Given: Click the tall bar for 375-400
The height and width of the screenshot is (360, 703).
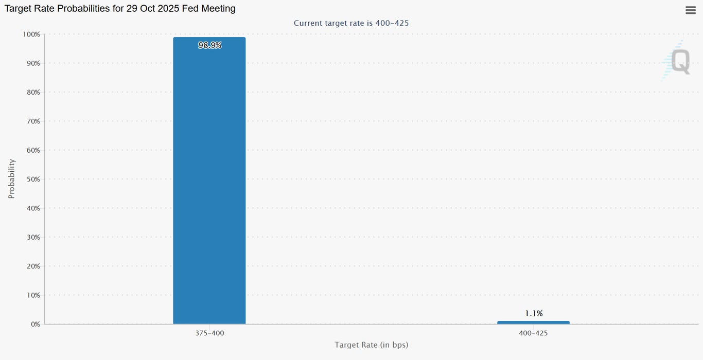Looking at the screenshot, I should pos(209,181).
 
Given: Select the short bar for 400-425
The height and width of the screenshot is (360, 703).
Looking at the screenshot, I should pos(533,322).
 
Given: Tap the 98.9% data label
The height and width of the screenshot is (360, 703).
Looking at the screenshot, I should pos(209,45).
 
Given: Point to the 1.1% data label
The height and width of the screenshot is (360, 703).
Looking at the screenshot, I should pos(534,313).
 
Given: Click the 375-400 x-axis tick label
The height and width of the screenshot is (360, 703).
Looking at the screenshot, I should pos(209,333).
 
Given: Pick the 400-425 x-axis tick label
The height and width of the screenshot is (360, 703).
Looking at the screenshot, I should pos(534,333).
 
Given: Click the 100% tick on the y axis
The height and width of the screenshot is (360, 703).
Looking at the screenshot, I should pos(31,34).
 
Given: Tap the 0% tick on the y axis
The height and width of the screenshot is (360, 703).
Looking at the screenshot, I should pos(35,324).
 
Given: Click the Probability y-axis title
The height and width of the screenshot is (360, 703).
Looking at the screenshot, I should pos(11,178).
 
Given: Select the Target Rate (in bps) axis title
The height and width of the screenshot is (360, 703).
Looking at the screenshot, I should pos(371,345).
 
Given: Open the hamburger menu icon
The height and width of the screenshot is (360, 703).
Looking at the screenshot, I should pos(691,10).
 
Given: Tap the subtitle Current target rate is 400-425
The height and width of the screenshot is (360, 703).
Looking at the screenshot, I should pos(351,23).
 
